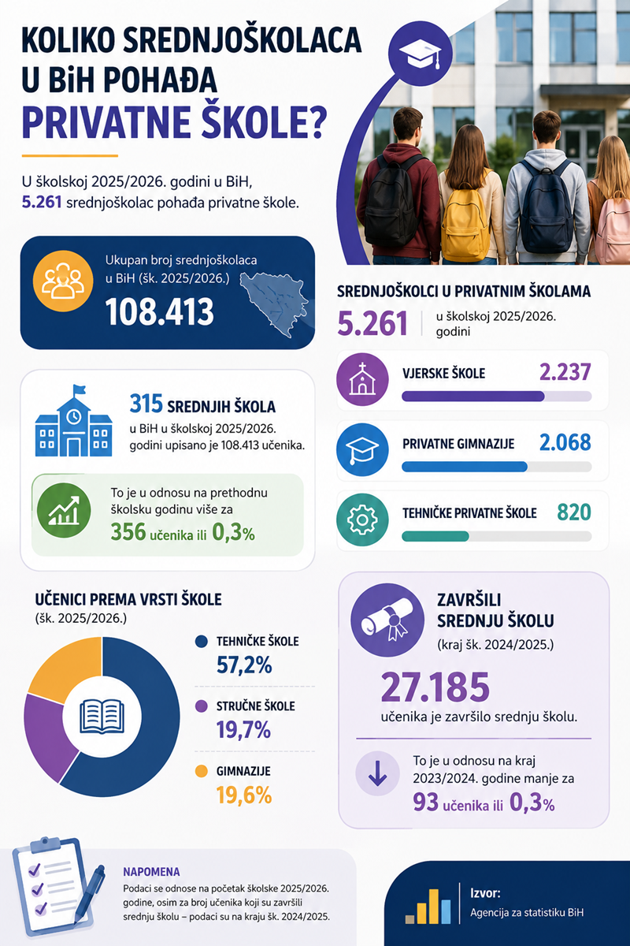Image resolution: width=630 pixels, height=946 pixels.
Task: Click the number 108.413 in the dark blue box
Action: pos(160,311)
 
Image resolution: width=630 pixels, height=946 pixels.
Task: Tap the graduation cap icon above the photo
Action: pos(421,54)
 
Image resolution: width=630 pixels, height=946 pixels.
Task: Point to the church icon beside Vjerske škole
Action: pos(362,379)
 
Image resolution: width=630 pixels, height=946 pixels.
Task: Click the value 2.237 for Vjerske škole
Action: pos(565,372)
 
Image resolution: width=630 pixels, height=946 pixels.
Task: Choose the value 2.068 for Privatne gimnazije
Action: pos(565,442)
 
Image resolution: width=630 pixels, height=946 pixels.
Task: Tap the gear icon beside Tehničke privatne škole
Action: pos(362,520)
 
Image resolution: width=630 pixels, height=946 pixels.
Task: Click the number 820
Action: pos(574,512)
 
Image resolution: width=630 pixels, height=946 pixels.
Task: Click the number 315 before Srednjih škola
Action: pos(146,404)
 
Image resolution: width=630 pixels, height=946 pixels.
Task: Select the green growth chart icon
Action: pos(64,511)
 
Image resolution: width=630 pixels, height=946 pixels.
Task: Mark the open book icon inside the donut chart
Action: pos(102,717)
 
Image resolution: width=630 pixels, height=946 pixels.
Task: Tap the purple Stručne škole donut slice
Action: pos(46,735)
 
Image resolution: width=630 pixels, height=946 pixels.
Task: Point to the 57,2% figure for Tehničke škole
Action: pos(244,665)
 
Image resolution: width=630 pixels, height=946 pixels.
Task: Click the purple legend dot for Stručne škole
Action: pos(202,706)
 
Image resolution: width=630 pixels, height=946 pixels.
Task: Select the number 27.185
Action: pos(435,687)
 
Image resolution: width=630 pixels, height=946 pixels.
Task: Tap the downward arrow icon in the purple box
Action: pos(377,773)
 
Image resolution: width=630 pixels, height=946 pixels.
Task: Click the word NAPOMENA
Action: pos(151,872)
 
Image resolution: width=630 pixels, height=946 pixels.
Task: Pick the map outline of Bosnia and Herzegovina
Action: pos(273,303)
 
